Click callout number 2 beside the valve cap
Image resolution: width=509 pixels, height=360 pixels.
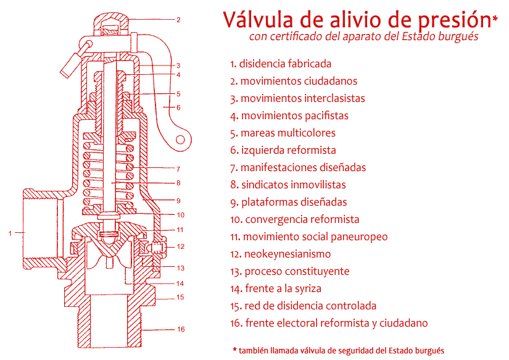click(x=178, y=20)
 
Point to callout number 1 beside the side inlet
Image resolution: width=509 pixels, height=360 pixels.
click(x=10, y=233)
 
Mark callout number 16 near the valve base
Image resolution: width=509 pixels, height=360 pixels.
click(x=181, y=329)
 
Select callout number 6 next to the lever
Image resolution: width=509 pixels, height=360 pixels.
click(x=178, y=107)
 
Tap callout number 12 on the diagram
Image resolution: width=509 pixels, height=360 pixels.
click(x=180, y=246)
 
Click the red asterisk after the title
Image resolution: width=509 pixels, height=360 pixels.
click(x=495, y=20)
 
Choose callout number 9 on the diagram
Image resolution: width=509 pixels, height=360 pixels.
click(x=178, y=200)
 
